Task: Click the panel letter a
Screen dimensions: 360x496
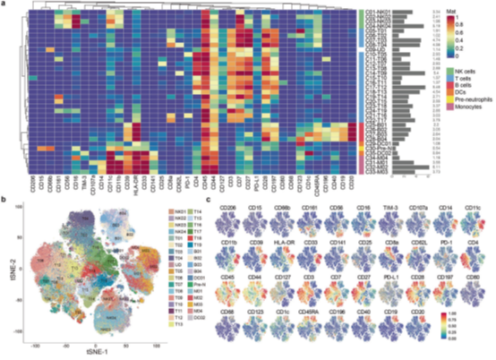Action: click(4, 5)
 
